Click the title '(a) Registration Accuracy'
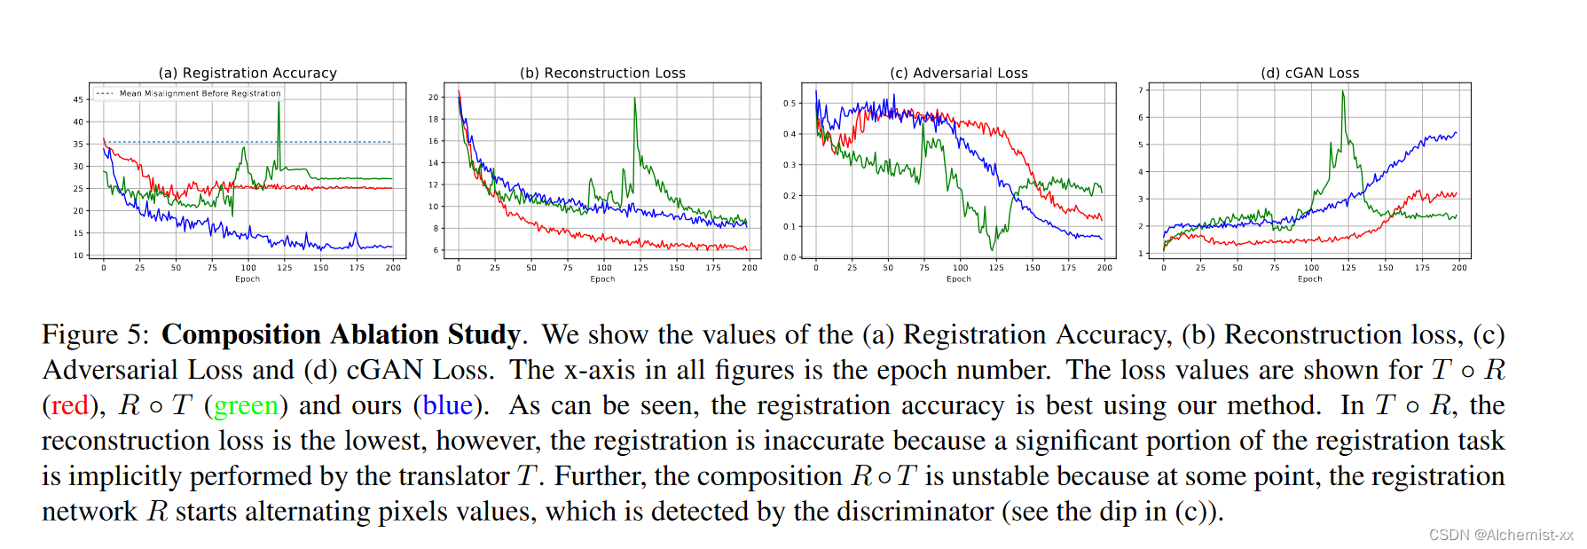[247, 73]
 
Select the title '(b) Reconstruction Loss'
[602, 73]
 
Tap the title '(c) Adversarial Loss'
[959, 73]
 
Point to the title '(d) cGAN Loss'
[1309, 73]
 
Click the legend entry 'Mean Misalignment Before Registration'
[200, 93]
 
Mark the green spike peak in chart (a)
[279, 103]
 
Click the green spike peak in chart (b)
[635, 98]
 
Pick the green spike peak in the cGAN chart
[1343, 92]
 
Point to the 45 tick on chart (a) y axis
[78, 99]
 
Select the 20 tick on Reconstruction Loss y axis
[434, 98]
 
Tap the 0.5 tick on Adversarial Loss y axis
[790, 104]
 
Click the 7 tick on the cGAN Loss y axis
[1142, 90]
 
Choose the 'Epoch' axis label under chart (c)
[959, 278]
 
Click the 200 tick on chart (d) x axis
[1458, 268]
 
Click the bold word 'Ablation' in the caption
[384, 334]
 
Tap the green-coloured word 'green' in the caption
[246, 405]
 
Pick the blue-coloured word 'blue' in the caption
[447, 405]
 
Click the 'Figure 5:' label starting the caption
[96, 334]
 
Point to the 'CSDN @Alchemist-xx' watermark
[1500, 535]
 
